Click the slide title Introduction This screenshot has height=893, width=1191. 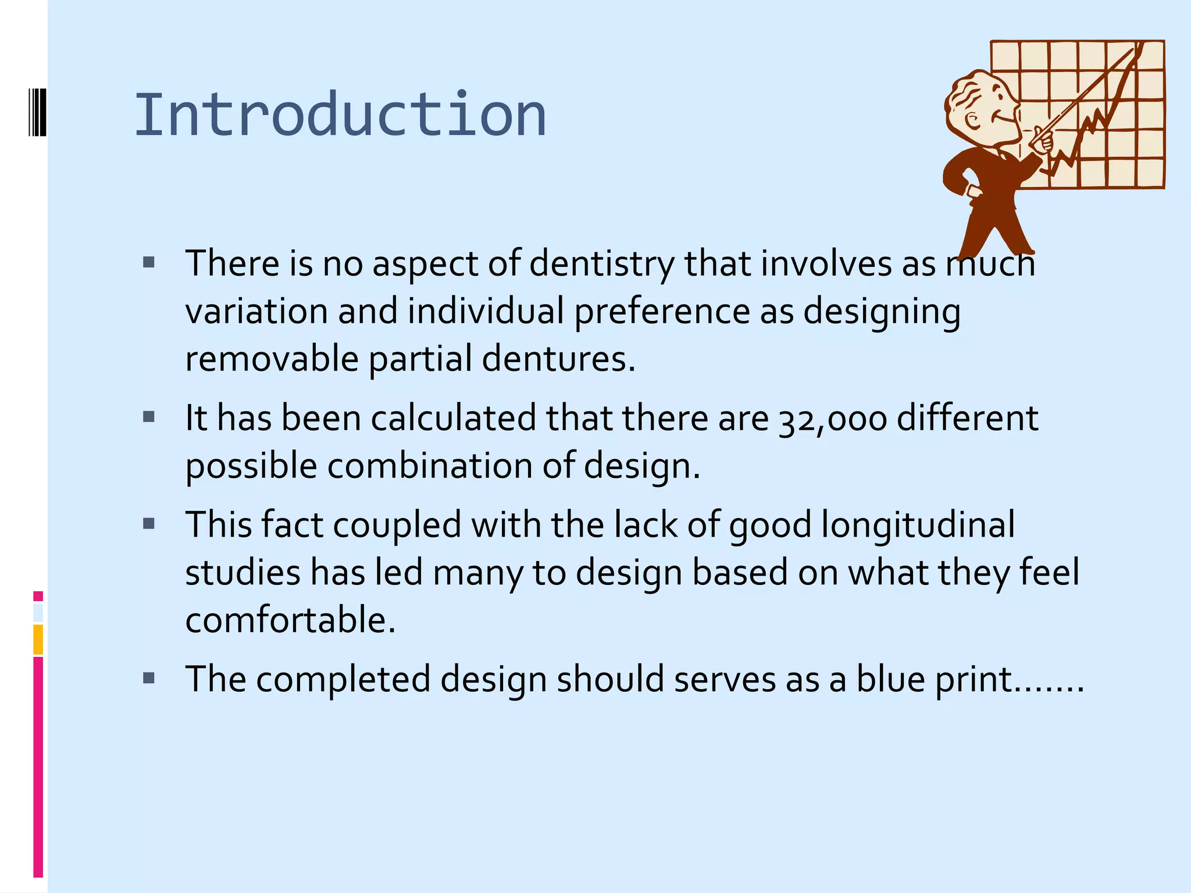pyautogui.click(x=340, y=115)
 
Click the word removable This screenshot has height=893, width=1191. pyautogui.click(x=272, y=359)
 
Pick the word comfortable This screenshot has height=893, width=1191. pyautogui.click(x=290, y=620)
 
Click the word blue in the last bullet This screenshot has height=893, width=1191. pyautogui.click(x=890, y=679)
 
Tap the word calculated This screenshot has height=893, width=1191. pyautogui.click(x=454, y=419)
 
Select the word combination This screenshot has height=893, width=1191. pyautogui.click(x=430, y=466)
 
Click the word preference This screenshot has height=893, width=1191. pyautogui.click(x=662, y=312)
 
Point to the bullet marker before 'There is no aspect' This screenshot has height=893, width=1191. pyautogui.click(x=149, y=263)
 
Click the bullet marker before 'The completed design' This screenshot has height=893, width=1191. pyautogui.click(x=149, y=678)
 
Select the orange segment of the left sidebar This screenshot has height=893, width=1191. pyautogui.click(x=38, y=640)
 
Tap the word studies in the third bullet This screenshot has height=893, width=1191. pyautogui.click(x=243, y=573)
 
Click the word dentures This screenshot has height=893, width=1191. pyautogui.click(x=558, y=359)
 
